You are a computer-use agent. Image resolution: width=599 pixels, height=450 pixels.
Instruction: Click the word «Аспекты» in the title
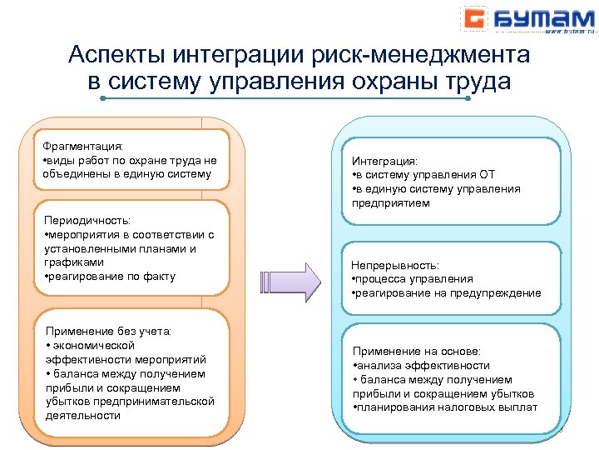[116, 56]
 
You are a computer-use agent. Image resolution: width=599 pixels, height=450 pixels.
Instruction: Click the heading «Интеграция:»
[384, 160]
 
